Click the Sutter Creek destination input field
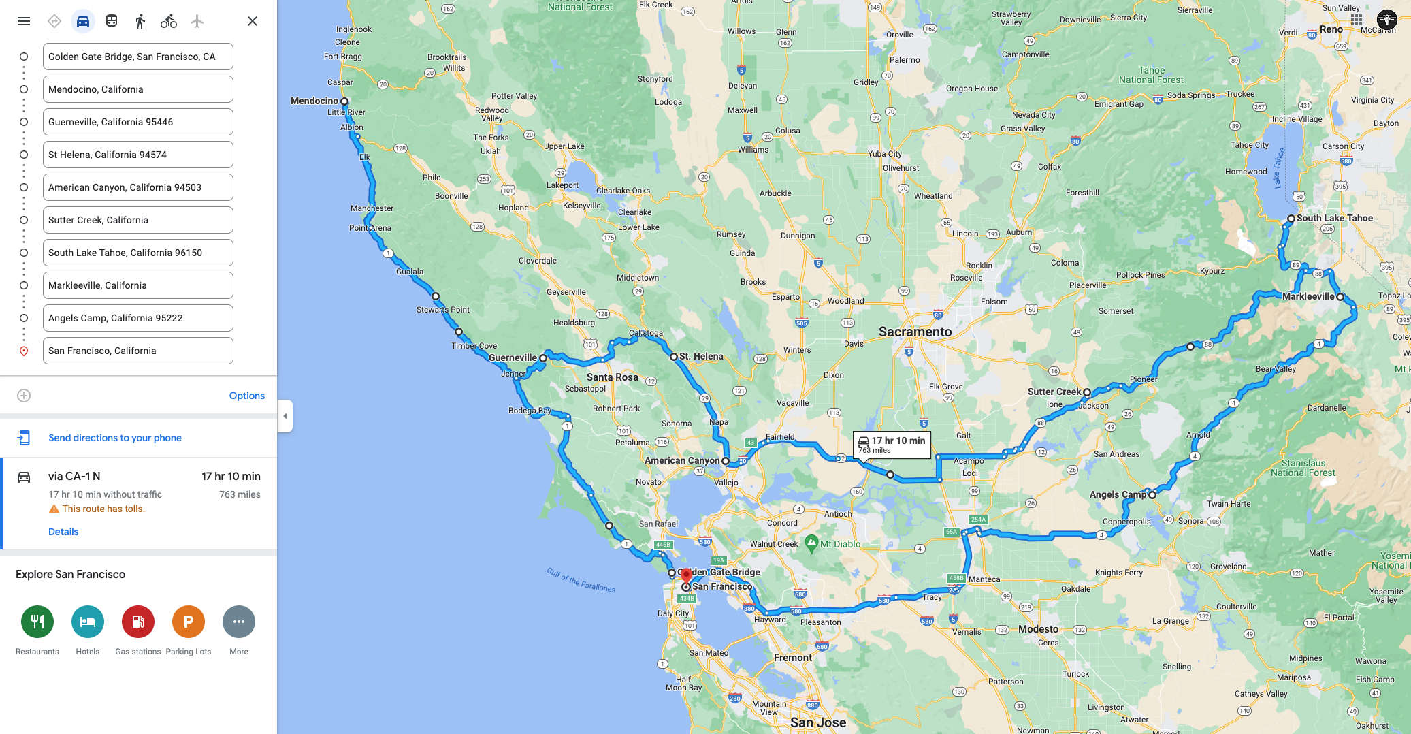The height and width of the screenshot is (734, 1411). tap(137, 220)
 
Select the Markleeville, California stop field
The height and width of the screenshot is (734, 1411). tap(137, 285)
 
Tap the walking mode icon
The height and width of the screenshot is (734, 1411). tap(140, 21)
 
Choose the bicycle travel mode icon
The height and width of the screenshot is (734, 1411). tap(169, 21)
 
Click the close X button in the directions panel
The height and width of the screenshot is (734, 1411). tap(253, 21)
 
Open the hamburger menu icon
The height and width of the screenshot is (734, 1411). tap(24, 21)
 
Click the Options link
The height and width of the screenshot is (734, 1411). tap(246, 396)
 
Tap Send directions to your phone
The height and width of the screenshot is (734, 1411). tap(114, 438)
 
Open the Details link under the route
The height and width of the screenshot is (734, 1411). tap(63, 532)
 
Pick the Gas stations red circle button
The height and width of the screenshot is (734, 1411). tap(138, 622)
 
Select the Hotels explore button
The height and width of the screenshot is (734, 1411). tap(88, 622)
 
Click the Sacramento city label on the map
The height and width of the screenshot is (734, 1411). tap(915, 332)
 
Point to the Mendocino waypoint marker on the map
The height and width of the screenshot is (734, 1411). tap(344, 101)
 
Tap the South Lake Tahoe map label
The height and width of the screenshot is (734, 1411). tap(1334, 218)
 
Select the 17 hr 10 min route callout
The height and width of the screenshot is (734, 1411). tap(892, 445)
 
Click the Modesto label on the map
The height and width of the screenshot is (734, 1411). tap(1038, 629)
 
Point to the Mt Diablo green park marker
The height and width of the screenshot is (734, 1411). tap(811, 543)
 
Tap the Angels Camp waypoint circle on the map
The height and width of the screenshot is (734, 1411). tap(1152, 495)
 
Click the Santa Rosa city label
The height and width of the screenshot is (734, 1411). tap(613, 377)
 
